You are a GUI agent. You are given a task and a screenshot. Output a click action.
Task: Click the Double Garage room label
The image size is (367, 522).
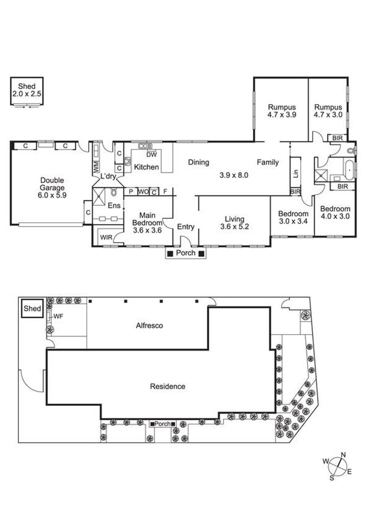(52, 184)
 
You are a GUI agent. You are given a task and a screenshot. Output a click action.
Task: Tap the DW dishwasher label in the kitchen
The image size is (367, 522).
(152, 154)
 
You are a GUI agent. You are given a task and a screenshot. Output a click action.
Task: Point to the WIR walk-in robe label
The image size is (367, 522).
(106, 238)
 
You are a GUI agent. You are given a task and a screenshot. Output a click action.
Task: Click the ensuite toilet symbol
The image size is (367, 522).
(114, 192)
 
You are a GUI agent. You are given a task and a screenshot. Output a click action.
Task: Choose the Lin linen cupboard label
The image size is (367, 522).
(296, 173)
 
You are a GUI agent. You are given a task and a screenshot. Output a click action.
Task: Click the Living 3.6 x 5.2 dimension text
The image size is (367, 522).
(234, 226)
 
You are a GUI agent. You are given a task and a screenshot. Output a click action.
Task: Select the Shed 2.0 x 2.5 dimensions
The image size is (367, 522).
(27, 94)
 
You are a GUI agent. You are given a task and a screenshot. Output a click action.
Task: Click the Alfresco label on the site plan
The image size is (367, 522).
(149, 326)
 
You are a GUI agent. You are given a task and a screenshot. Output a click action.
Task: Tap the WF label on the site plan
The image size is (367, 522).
(58, 316)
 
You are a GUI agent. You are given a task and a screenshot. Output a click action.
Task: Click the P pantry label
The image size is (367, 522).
(131, 192)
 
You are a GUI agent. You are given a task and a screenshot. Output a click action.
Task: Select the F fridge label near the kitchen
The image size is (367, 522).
(165, 192)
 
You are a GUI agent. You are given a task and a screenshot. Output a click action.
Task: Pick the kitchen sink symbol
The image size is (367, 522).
(145, 146)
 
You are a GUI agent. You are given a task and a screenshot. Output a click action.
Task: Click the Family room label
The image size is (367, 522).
(268, 162)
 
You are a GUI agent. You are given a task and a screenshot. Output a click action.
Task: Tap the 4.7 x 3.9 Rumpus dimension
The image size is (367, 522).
(282, 115)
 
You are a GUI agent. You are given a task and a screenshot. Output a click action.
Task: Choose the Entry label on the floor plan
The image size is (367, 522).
(186, 227)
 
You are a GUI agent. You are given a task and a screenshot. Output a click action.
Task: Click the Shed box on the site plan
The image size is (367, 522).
(32, 308)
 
